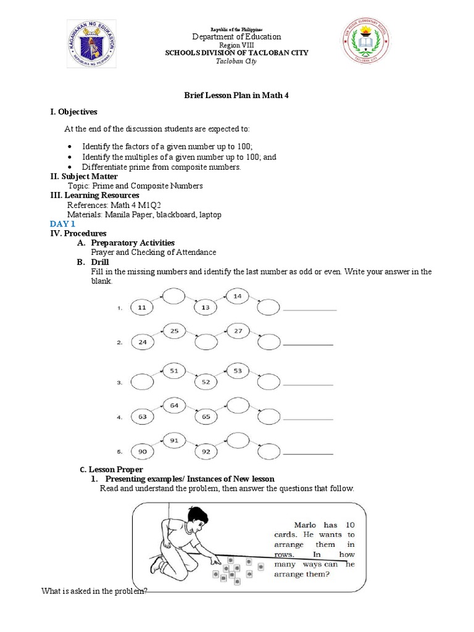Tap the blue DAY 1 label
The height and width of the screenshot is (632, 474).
point(62,224)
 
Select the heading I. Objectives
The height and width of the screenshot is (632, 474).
point(73,112)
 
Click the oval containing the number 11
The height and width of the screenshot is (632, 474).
point(142,307)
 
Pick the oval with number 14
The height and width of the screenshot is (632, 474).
point(237,296)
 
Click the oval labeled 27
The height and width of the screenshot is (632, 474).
point(237,331)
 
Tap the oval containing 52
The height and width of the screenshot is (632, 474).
point(206,382)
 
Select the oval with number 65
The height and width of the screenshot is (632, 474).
point(206,417)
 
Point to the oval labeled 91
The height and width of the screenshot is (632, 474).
point(174,440)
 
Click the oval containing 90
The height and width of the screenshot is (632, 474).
point(142,452)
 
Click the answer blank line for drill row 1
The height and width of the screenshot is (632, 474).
point(309,309)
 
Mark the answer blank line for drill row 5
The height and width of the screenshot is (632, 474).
point(308,454)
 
